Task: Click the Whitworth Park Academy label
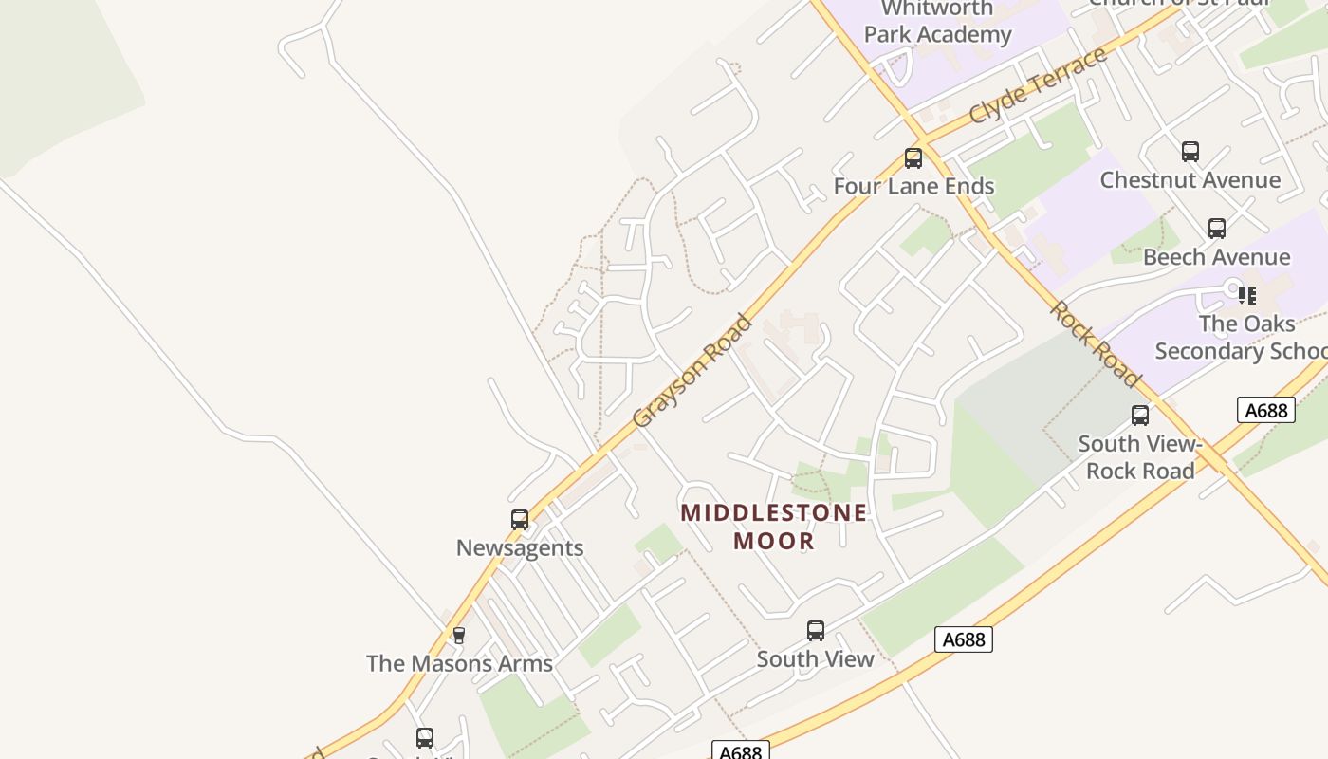click(937, 22)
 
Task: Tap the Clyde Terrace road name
click(1038, 85)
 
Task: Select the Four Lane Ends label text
click(913, 186)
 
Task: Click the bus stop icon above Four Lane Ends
click(913, 158)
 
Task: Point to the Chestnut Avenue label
click(1190, 179)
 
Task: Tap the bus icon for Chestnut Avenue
click(1190, 152)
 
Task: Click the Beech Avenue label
click(1216, 256)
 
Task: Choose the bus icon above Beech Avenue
click(1216, 229)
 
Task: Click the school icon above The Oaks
click(1247, 296)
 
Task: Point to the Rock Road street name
click(1095, 344)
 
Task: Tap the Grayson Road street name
click(692, 371)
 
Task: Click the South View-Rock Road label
click(1139, 457)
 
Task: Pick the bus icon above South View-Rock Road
click(1139, 416)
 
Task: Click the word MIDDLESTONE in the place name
click(774, 513)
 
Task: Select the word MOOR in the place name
click(774, 541)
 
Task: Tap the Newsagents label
click(520, 547)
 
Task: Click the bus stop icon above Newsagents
click(520, 520)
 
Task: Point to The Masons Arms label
click(459, 663)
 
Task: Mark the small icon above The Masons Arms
click(459, 636)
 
